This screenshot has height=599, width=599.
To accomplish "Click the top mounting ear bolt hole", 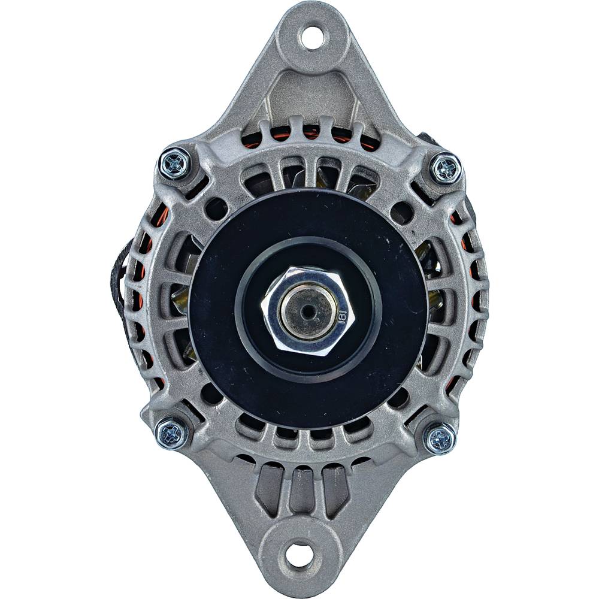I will click(311, 38).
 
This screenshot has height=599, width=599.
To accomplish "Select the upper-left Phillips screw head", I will click(176, 162).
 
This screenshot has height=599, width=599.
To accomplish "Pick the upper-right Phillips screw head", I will click(446, 168).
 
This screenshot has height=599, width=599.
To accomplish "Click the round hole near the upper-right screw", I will click(402, 213).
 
